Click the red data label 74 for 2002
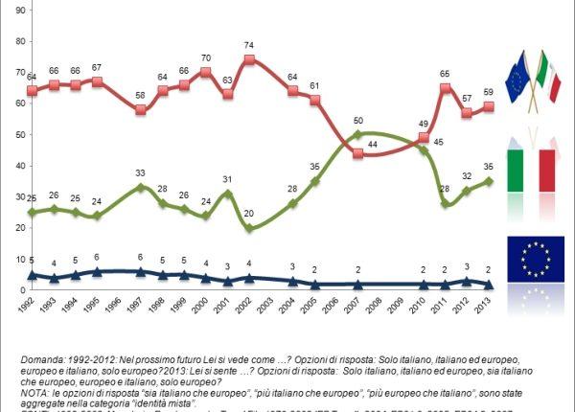[x=249, y=46]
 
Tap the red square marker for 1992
[x=32, y=91]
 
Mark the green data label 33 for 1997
[x=141, y=173]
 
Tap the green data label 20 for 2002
[x=249, y=214]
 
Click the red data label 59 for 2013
[x=489, y=93]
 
